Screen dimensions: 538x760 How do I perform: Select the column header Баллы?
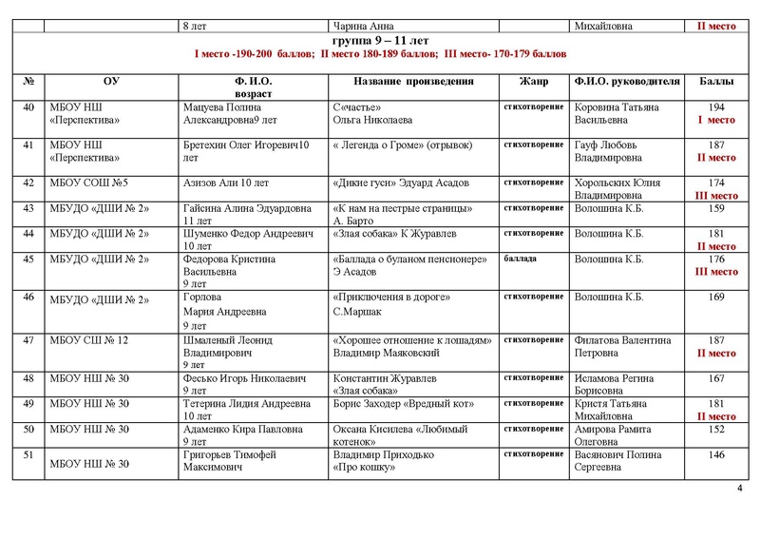717,82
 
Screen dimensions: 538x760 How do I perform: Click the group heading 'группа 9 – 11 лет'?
380,43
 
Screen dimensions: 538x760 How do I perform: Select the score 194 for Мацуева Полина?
717,108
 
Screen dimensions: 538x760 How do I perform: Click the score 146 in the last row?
717,455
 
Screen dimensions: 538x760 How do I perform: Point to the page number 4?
740,489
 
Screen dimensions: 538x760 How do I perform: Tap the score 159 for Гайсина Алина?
717,208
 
